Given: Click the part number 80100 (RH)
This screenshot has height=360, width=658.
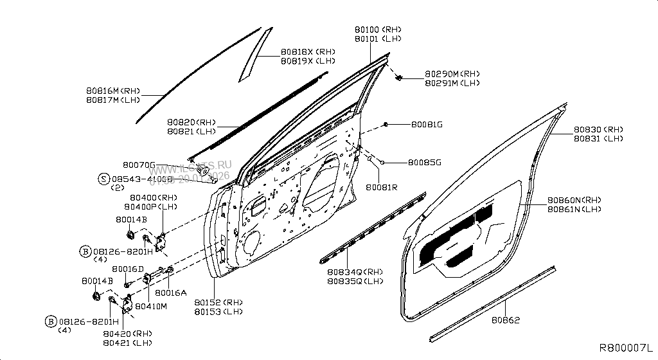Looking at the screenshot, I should click(378, 30).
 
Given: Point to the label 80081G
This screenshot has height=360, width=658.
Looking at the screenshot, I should click(427, 124).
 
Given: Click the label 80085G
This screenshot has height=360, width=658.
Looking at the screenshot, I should click(425, 163).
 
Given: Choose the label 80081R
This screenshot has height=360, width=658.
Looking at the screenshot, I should click(382, 188).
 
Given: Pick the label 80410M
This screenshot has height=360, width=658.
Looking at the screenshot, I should click(150, 306).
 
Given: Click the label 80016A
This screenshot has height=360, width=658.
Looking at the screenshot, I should click(171, 292).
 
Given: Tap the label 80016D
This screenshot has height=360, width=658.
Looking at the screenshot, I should click(128, 269).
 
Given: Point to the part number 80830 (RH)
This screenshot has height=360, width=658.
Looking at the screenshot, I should click(598, 129).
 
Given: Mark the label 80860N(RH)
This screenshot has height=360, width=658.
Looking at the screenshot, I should click(574, 200).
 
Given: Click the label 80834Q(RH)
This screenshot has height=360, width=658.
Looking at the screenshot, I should click(355, 272).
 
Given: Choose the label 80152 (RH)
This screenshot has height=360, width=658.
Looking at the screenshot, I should click(218, 302).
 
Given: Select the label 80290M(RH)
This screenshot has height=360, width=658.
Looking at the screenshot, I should click(452, 74).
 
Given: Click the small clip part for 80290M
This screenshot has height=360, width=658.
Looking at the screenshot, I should click(400, 78).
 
